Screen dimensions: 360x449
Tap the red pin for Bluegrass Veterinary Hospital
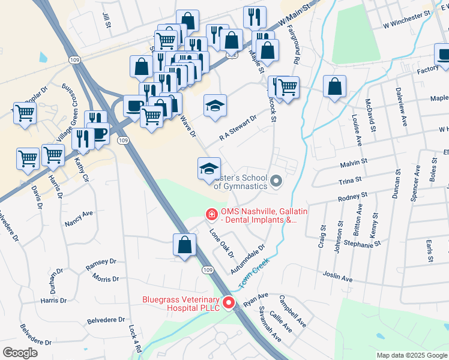point(228,304)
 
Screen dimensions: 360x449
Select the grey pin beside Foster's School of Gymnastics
point(276,181)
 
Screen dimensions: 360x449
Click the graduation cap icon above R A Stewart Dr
point(215,106)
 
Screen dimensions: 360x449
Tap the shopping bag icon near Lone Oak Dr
point(184,245)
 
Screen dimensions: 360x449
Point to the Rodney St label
point(352,196)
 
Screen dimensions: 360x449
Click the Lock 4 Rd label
point(133,338)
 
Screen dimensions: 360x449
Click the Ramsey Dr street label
point(100,262)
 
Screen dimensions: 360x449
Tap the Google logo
point(20,353)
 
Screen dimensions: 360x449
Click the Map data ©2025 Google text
point(411,355)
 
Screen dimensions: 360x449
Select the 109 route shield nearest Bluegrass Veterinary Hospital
point(207,271)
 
